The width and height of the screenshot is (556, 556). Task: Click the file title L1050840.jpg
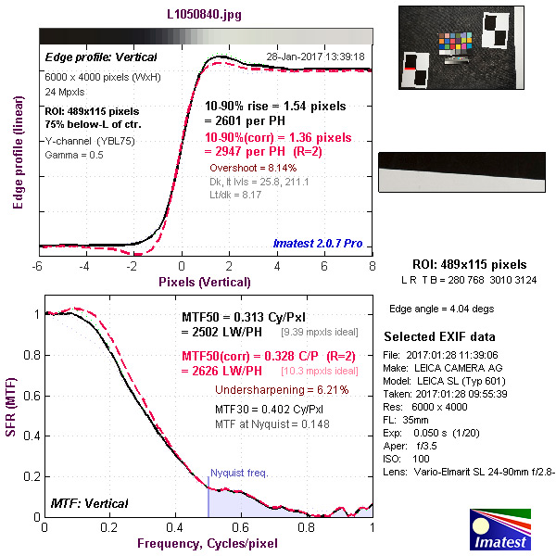(206, 15)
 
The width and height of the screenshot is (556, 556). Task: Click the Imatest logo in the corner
(502, 527)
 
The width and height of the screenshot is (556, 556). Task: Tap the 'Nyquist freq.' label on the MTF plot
(238, 473)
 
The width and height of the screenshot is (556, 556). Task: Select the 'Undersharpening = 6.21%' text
(282, 390)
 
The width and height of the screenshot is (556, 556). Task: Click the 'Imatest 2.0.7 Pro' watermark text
(318, 244)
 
